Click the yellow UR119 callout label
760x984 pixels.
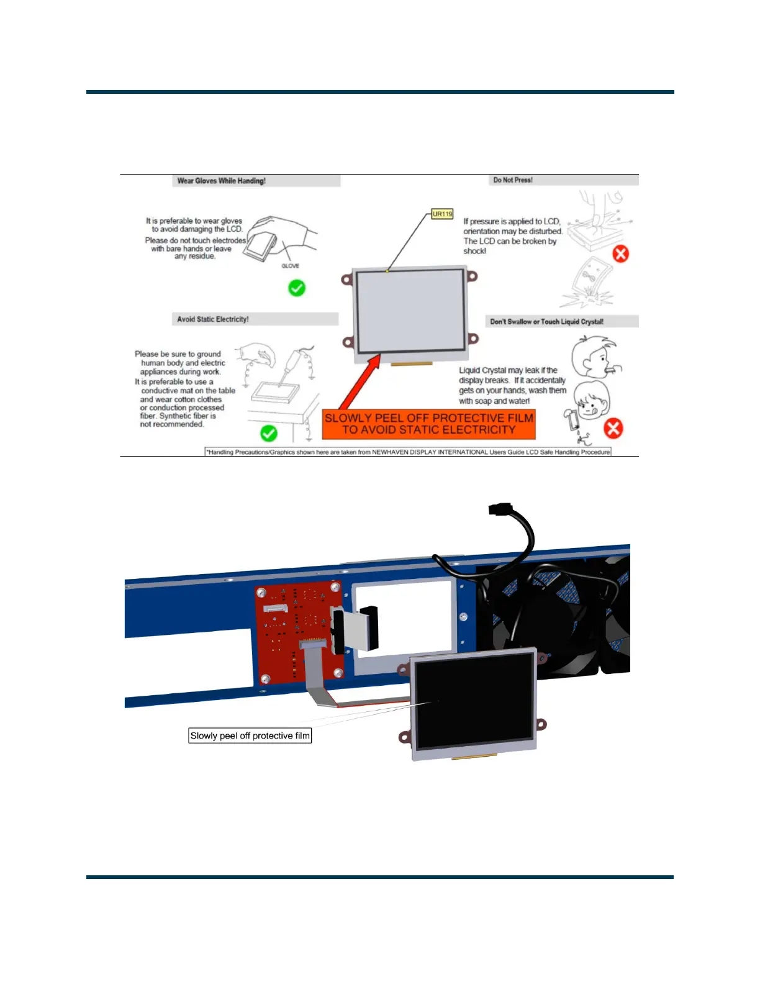pos(442,214)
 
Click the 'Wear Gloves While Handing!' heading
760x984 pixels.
pos(222,181)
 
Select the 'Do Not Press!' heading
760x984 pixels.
pos(513,180)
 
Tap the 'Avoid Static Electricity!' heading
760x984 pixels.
pos(213,319)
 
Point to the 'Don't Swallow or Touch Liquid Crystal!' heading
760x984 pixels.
pos(546,322)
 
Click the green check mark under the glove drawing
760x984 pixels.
pos(297,288)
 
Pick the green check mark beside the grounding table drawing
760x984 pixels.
pos(269,433)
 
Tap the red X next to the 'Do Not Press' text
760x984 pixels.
pos(620,253)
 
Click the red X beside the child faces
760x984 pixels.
pos(613,428)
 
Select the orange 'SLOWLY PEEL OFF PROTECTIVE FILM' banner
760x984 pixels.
pos(428,424)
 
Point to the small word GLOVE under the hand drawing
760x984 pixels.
pos(290,266)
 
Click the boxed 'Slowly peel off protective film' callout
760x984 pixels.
pos(250,736)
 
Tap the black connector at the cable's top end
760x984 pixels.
pos(500,510)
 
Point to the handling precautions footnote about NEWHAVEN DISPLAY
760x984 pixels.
pos(409,452)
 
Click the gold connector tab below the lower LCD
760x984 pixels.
pos(474,757)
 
